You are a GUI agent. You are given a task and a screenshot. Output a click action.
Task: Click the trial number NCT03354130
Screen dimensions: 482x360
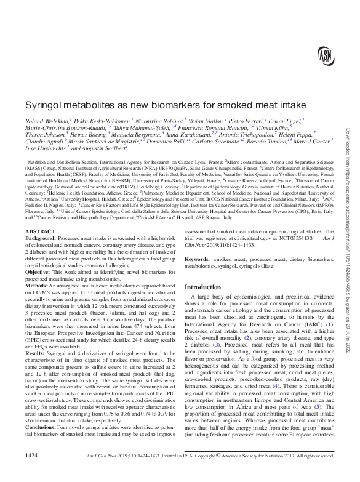297,254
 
